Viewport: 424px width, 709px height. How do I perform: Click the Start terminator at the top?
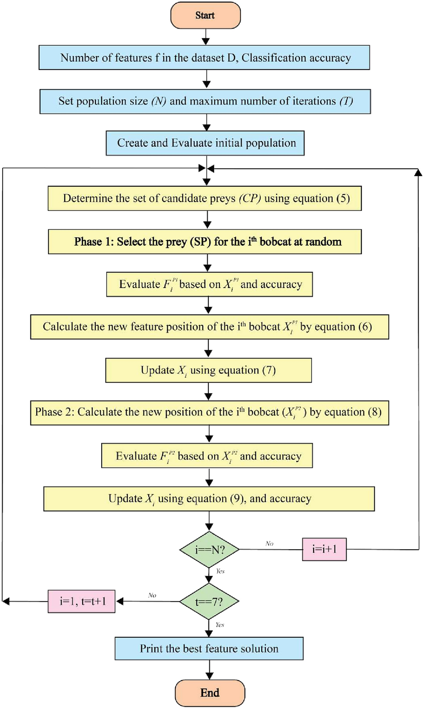205,15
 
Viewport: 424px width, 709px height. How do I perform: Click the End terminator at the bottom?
210,693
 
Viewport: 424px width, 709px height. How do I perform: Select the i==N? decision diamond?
209,550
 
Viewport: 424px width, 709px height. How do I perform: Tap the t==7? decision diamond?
209,602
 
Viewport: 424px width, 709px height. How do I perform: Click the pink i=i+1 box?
324,549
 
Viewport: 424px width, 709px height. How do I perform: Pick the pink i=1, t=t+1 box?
82,602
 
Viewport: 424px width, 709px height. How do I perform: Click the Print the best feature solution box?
209,649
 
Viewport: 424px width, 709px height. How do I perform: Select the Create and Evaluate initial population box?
205,143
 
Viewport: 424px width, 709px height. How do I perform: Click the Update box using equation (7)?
208,370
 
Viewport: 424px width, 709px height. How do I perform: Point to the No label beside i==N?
269,544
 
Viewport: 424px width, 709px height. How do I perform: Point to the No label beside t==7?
152,595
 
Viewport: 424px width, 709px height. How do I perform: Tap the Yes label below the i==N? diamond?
220,571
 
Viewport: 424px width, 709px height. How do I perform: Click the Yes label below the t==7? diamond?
220,625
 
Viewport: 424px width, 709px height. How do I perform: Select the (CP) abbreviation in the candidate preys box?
250,199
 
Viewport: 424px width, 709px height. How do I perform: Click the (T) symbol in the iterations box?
346,101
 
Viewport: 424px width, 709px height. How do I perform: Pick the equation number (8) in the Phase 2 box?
375,412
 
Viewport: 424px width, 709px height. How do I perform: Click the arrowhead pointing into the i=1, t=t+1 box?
120,602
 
